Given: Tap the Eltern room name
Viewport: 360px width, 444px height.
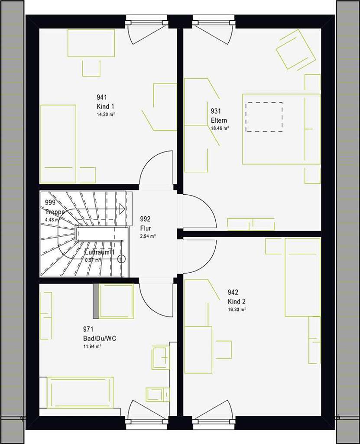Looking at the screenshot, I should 219,121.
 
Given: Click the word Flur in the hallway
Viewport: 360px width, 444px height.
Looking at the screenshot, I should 145,228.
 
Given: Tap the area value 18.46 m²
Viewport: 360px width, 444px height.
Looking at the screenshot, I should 220,128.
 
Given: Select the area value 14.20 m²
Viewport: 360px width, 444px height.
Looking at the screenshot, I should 105,114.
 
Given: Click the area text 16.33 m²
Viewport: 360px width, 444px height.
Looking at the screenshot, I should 237,310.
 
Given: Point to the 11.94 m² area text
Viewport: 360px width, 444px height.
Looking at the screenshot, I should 92,346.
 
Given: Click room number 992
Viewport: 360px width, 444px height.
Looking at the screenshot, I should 145,219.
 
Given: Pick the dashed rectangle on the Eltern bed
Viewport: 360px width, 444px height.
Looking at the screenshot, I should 264,117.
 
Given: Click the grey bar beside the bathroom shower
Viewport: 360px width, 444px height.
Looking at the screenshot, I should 95,301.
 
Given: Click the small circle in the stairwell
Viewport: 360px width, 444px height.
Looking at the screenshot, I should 122,259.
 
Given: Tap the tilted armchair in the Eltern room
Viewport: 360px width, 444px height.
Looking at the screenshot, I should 296,49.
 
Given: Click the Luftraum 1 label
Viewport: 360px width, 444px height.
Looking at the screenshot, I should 100,252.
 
